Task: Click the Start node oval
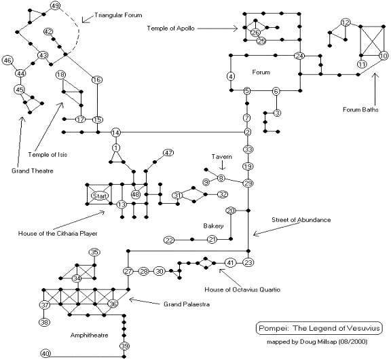[x=100, y=196]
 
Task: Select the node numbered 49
[x=55, y=5]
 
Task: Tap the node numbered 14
[x=115, y=132]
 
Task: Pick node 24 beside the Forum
[x=299, y=56]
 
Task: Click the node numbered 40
[x=45, y=353]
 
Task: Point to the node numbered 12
[x=346, y=22]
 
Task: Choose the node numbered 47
[x=168, y=153]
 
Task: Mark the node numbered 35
[x=94, y=252]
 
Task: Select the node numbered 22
[x=169, y=240]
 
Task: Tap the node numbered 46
[x=7, y=60]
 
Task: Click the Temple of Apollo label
[x=170, y=29]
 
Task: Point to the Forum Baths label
[x=360, y=109]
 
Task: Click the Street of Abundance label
[x=301, y=220]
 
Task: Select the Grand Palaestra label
[x=187, y=304]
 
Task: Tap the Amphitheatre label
[x=90, y=335]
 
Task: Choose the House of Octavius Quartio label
[x=242, y=289]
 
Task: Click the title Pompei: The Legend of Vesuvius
[x=319, y=328]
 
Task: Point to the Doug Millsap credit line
[x=317, y=341]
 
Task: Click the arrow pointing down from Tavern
[x=222, y=166]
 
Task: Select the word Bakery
[x=213, y=226]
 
